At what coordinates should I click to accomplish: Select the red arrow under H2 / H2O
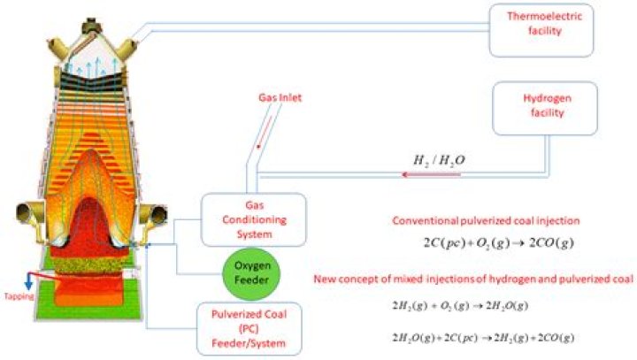click(x=434, y=175)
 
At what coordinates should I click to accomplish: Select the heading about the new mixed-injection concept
click(x=473, y=280)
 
